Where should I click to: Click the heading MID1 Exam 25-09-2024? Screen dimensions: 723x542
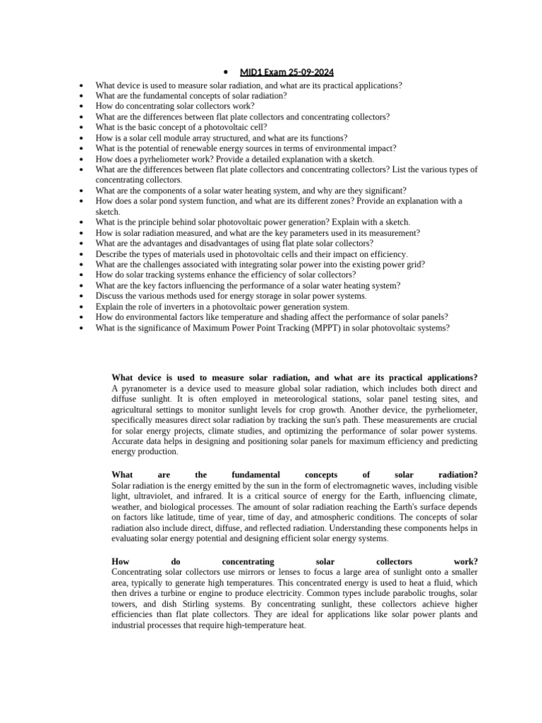pos(287,73)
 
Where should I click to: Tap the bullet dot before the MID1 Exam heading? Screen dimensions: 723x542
pos(224,73)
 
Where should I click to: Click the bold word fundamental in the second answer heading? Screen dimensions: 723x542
pos(255,474)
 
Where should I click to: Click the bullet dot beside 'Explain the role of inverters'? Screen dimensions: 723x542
pos(83,307)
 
